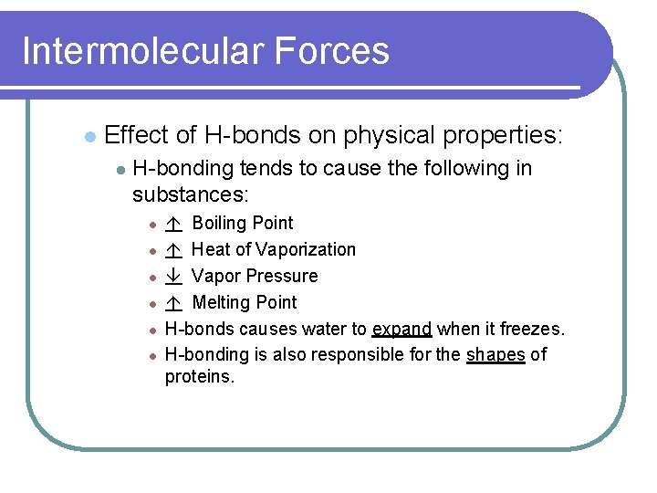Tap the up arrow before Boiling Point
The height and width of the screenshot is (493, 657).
[174, 224]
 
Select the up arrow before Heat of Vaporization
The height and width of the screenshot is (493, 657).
[174, 250]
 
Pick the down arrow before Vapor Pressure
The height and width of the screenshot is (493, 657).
[174, 277]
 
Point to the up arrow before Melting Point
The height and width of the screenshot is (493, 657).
[174, 303]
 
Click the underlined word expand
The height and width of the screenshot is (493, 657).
[401, 330]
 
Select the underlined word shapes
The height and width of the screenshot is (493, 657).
[495, 355]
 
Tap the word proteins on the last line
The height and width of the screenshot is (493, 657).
[199, 377]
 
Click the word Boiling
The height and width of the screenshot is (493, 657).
[217, 224]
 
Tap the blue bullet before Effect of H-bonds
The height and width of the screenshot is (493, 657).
[89, 137]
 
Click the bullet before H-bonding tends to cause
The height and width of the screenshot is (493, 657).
[119, 170]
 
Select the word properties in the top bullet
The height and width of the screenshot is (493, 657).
[502, 136]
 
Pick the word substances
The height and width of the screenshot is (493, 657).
[191, 194]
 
